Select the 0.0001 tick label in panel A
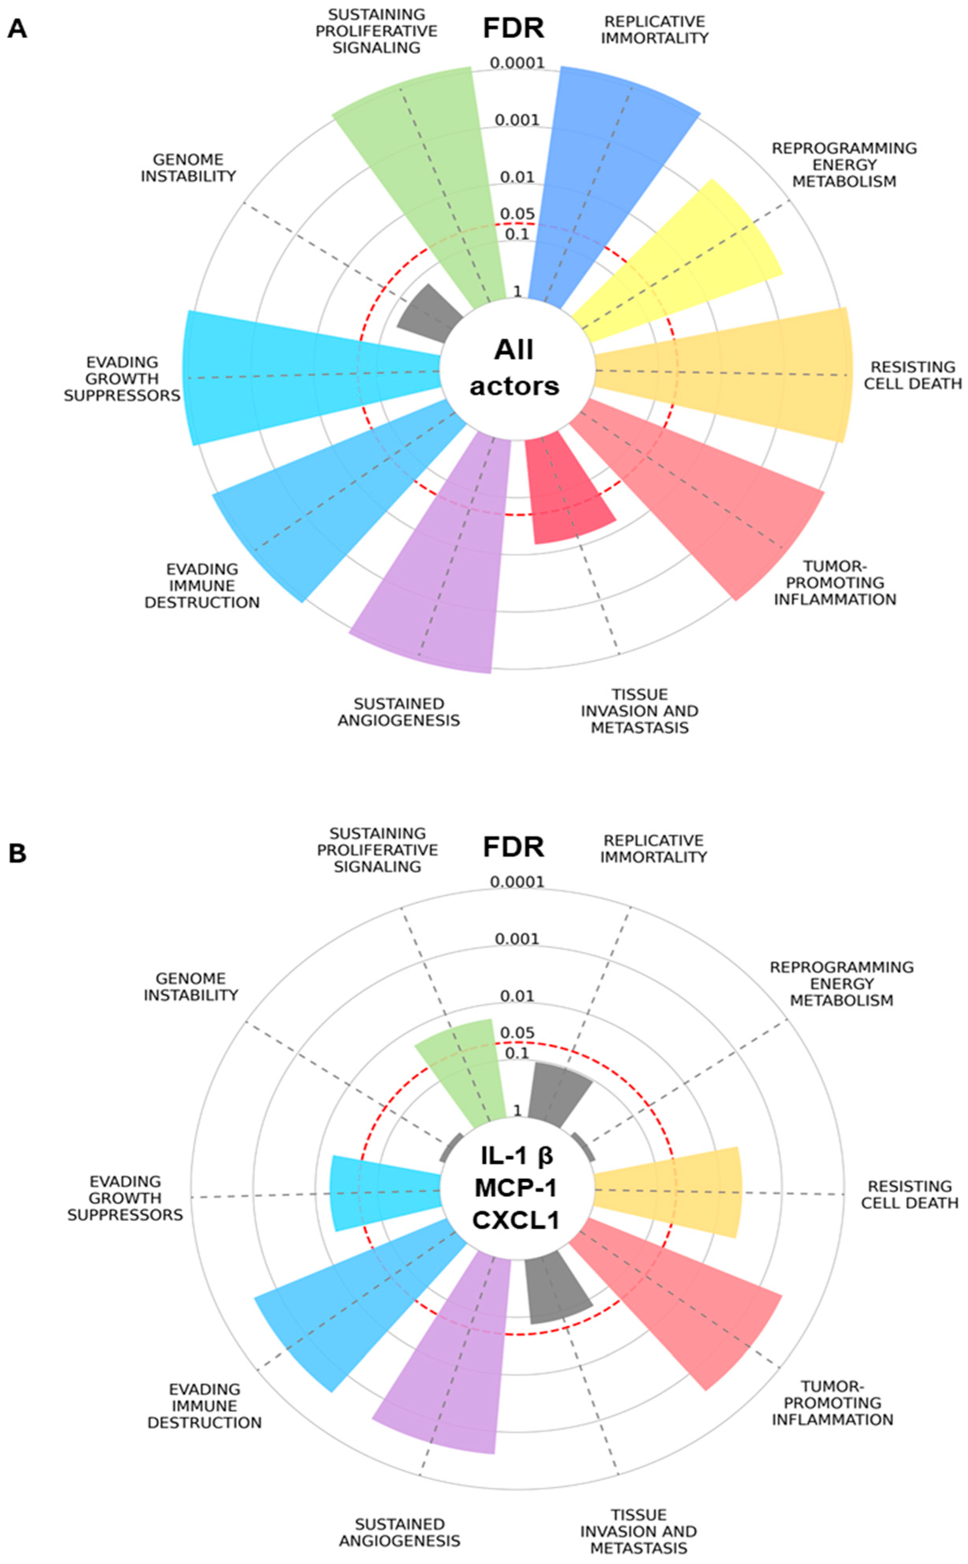pos(517,63)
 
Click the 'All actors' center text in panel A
pos(514,368)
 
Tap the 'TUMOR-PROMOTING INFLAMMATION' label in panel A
pos(834,583)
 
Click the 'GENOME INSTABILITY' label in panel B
pos(190,986)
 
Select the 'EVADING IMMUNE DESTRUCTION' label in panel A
pos(202,586)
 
